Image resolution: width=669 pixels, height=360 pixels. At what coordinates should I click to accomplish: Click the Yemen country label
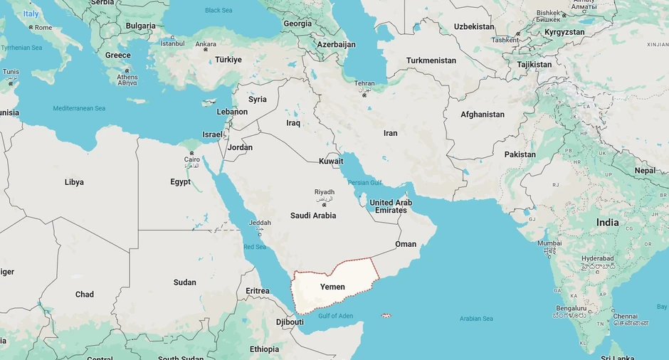pyautogui.click(x=332, y=287)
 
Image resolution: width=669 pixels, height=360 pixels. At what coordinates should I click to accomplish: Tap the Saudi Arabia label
pyautogui.click(x=313, y=216)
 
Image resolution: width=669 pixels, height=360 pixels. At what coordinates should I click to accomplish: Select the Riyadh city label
pyautogui.click(x=324, y=192)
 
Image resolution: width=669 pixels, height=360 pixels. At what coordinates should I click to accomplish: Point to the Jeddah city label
pyautogui.click(x=260, y=223)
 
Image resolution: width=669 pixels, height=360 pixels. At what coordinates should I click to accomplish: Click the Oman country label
pyautogui.click(x=406, y=244)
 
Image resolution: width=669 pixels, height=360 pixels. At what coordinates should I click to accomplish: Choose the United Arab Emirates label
pyautogui.click(x=391, y=206)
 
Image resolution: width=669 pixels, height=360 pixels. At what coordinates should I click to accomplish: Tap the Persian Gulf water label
pyautogui.click(x=364, y=183)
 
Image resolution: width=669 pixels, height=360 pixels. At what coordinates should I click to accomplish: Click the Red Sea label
pyautogui.click(x=255, y=247)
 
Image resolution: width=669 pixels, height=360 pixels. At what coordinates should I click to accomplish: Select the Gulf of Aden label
pyautogui.click(x=335, y=316)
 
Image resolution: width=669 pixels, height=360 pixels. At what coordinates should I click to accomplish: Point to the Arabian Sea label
pyautogui.click(x=476, y=319)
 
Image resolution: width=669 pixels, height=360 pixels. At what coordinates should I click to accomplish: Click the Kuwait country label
pyautogui.click(x=331, y=161)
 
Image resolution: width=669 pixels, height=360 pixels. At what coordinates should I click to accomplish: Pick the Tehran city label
pyautogui.click(x=364, y=83)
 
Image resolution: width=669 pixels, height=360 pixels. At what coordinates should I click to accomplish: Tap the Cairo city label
pyautogui.click(x=192, y=159)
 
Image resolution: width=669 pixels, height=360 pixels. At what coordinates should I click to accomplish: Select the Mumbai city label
pyautogui.click(x=549, y=243)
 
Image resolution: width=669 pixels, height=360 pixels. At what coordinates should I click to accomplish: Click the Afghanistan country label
pyautogui.click(x=482, y=115)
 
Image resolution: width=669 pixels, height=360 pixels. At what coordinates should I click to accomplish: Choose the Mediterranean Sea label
pyautogui.click(x=79, y=108)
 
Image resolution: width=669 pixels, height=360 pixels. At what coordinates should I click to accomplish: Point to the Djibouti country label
pyautogui.click(x=290, y=322)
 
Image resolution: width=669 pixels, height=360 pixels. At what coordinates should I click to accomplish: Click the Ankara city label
pyautogui.click(x=206, y=43)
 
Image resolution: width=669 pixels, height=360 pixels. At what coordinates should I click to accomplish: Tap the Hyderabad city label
pyautogui.click(x=597, y=258)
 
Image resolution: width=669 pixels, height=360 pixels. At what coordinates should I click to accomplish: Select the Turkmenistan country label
pyautogui.click(x=431, y=60)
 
